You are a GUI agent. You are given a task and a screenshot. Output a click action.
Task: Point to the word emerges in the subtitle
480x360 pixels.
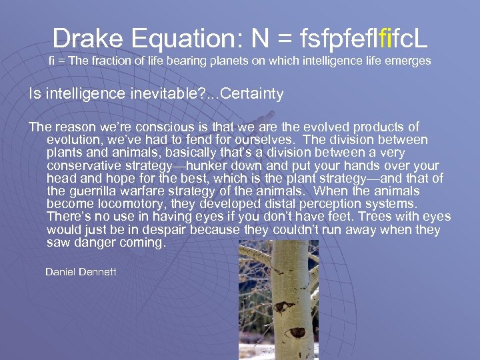click(x=408, y=61)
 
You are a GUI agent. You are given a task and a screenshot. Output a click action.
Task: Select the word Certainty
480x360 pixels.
click(x=252, y=94)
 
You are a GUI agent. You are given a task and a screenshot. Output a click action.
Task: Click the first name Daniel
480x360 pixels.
click(x=61, y=272)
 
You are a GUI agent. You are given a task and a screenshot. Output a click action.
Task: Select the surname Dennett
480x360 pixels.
click(x=98, y=272)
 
